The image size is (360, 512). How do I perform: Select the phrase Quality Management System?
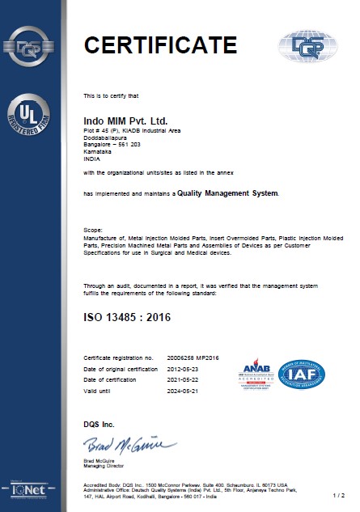point(228,193)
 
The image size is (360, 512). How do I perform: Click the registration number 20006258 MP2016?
point(185,357)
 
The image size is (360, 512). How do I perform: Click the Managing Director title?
point(103,463)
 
